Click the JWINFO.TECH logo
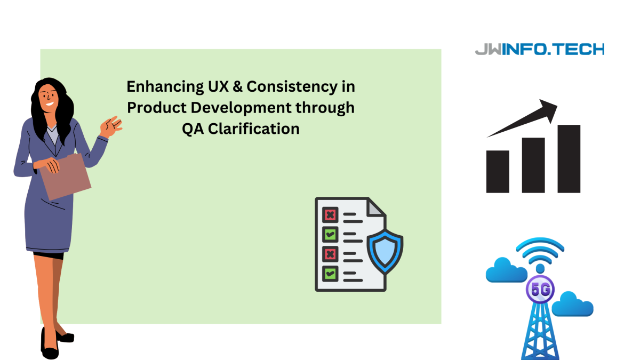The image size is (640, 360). coord(539,49)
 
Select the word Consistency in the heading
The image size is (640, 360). coord(292,86)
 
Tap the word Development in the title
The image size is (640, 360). coord(241,107)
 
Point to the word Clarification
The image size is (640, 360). coord(254,129)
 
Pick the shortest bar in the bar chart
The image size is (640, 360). coord(498,172)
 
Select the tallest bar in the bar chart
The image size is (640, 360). coord(569,159)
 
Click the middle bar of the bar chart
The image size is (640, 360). coord(533,165)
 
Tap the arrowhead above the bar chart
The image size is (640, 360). coord(549,110)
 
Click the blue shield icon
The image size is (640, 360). coord(385,252)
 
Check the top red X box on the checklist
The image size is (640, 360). coord(330,215)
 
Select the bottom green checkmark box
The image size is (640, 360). coord(330,274)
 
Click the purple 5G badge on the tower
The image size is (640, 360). coord(540,290)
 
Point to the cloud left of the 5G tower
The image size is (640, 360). coord(506,270)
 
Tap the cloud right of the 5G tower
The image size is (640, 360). coord(573,304)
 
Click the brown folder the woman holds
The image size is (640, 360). coord(66,177)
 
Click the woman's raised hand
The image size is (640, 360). coord(111,126)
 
